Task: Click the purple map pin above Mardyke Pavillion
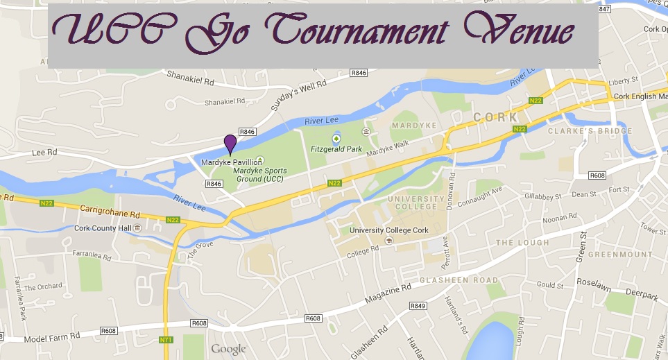pyautogui.click(x=230, y=144)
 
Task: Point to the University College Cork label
pyautogui.click(x=389, y=230)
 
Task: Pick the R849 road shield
pyautogui.click(x=418, y=305)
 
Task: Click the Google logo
pyautogui.click(x=229, y=349)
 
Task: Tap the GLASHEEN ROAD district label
pyautogui.click(x=459, y=280)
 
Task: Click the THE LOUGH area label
pyautogui.click(x=522, y=243)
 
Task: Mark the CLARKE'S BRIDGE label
pyautogui.click(x=590, y=131)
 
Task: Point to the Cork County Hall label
pyautogui.click(x=103, y=228)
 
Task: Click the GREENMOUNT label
pyautogui.click(x=620, y=255)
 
